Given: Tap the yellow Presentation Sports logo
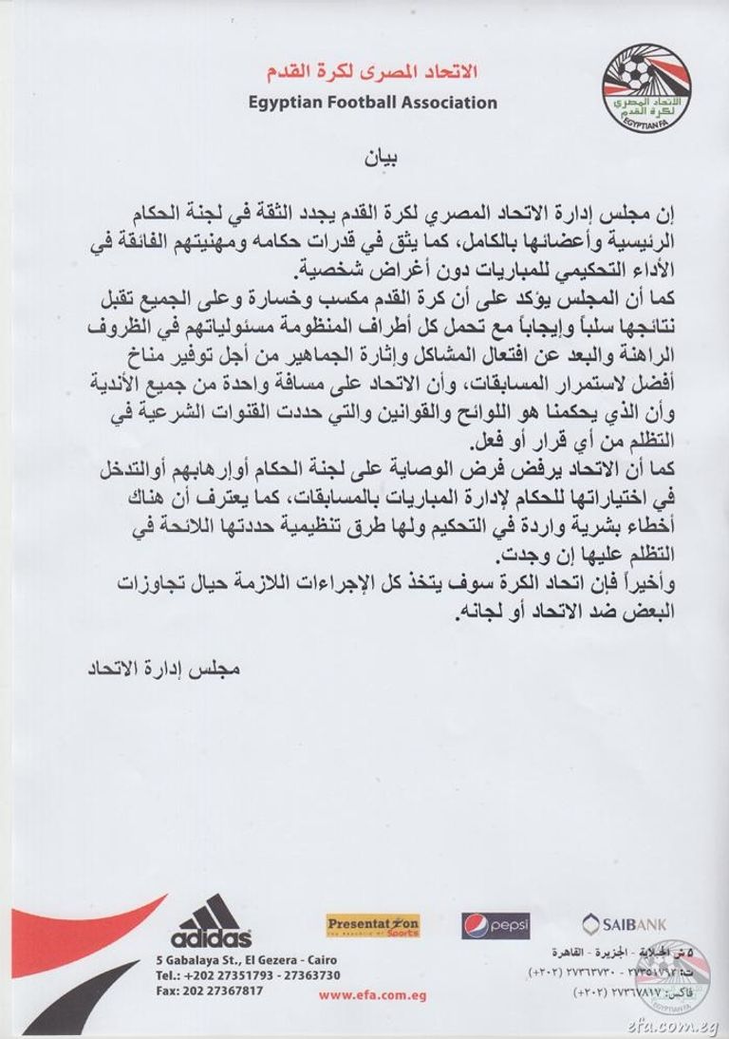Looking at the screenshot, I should [372, 924].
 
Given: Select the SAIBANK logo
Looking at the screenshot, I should [624, 921].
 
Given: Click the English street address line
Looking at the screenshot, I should [246, 960].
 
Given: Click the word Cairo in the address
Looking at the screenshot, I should [320, 960].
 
